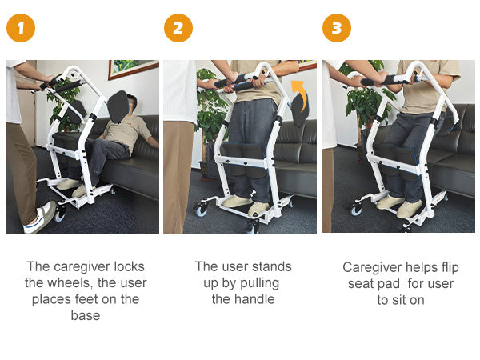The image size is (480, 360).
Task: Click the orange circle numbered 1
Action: click(21, 29)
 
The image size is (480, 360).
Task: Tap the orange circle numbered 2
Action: click(178, 29)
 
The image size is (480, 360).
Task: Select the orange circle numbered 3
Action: click(337, 29)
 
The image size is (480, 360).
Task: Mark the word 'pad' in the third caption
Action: click(392, 283)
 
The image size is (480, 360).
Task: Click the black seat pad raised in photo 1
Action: click(116, 107)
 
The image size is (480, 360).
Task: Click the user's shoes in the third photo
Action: click(399, 206)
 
